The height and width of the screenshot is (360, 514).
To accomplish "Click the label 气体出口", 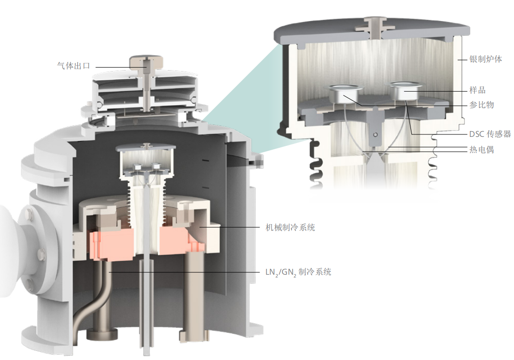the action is click(73, 66).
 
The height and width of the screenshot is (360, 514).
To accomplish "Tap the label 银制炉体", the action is click(485, 59).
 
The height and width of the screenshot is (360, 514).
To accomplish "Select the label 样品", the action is click(477, 90).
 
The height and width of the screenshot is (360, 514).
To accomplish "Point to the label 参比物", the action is click(482, 105).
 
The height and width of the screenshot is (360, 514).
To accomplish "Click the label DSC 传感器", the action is click(490, 134).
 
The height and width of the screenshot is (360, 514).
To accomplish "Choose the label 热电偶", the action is click(482, 150).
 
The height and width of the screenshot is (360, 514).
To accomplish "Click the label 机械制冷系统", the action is click(290, 227).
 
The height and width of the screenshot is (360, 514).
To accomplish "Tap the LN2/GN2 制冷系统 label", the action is click(298, 272).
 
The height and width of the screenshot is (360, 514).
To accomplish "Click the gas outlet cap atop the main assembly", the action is click(146, 62).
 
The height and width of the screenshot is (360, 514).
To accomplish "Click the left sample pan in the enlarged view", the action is click(344, 93).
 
